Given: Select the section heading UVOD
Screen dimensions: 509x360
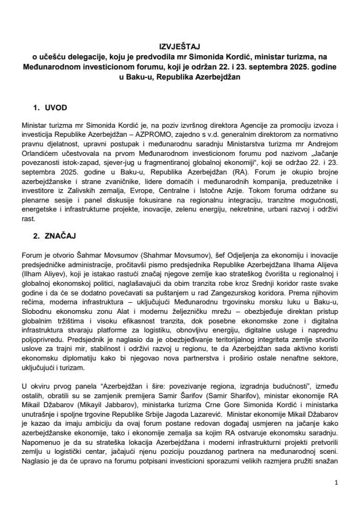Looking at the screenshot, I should [x=57, y=107].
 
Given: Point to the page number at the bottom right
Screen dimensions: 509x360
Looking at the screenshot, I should [x=337, y=483].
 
